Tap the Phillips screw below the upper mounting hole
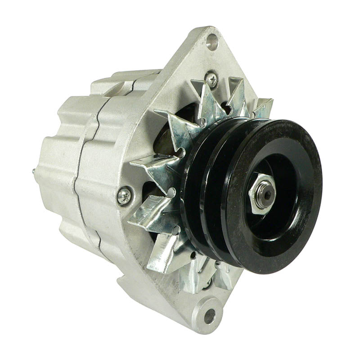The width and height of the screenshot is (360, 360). coord(211,79)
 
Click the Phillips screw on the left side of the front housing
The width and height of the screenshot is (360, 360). coord(124,195)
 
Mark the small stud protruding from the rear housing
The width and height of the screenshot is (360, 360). coord(34,171)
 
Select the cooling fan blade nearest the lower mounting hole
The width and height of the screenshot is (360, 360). coord(193,274)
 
